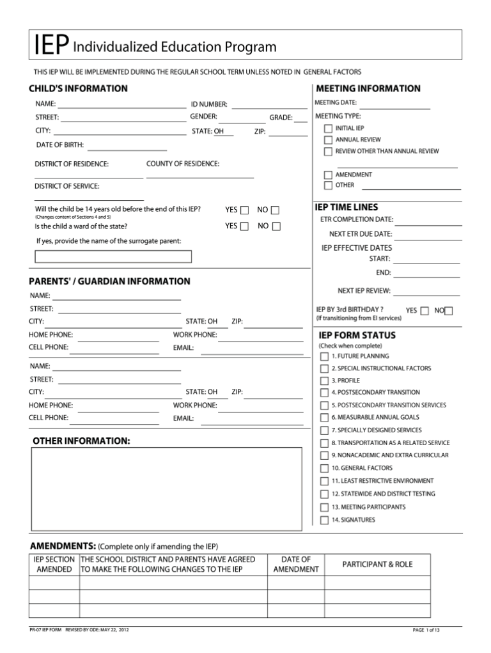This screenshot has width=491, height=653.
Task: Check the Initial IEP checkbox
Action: pos(328,129)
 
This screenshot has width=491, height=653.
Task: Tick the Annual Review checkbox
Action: pos(328,139)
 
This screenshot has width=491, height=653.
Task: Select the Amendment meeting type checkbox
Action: pos(328,175)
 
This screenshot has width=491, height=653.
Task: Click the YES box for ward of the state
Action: pos(244,226)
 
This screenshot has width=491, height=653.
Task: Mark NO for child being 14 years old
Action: pos(275,210)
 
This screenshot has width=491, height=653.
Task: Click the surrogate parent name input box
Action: pos(113,256)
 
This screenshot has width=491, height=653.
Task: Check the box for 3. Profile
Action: pos(325,381)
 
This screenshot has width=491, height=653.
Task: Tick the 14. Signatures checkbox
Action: pos(325,520)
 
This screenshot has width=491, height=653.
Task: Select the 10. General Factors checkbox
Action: pos(325,468)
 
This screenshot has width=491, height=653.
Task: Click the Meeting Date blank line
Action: pos(394,106)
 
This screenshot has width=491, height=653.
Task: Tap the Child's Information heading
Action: pos(78,88)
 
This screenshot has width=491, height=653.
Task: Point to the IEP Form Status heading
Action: pos(357,335)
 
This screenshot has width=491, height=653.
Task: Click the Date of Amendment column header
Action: pos(295,564)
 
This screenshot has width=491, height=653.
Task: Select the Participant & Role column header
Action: pos(377,564)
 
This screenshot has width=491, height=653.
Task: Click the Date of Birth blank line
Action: pos(126,148)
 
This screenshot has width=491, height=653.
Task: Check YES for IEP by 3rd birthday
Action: pos(425,311)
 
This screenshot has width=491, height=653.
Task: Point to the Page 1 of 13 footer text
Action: pos(426,630)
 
